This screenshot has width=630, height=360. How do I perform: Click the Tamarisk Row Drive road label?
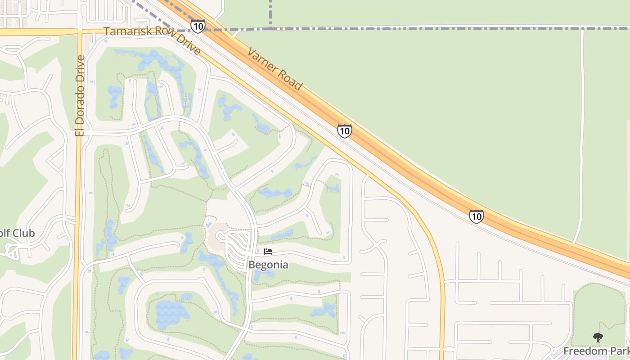152,40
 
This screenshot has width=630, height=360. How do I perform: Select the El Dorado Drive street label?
80,95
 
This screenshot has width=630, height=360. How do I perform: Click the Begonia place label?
268,265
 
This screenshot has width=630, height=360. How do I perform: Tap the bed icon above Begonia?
268,252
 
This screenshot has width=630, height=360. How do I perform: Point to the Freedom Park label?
596,351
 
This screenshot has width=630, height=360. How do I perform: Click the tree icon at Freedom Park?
598,337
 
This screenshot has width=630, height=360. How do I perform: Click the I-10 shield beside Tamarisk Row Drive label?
198,26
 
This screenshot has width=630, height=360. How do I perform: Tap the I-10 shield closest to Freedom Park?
476,216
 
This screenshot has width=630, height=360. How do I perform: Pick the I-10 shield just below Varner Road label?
344,131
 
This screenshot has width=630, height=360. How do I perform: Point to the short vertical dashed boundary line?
270,13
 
